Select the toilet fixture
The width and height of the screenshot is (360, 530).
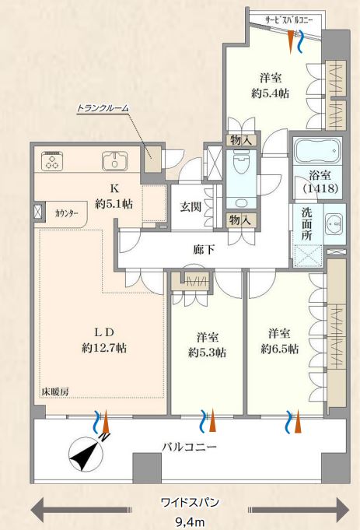point(241,163)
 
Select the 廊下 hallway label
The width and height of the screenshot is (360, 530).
point(204,250)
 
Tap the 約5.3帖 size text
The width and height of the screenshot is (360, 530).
point(207,352)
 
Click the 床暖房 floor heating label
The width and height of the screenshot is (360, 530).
point(55,391)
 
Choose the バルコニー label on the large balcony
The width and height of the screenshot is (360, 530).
point(189,447)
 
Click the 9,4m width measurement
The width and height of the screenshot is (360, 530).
point(190,521)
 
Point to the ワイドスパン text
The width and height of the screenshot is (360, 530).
point(189,502)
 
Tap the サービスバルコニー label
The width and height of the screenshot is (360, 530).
point(288,21)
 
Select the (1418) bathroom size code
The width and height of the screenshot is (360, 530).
point(314,189)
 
